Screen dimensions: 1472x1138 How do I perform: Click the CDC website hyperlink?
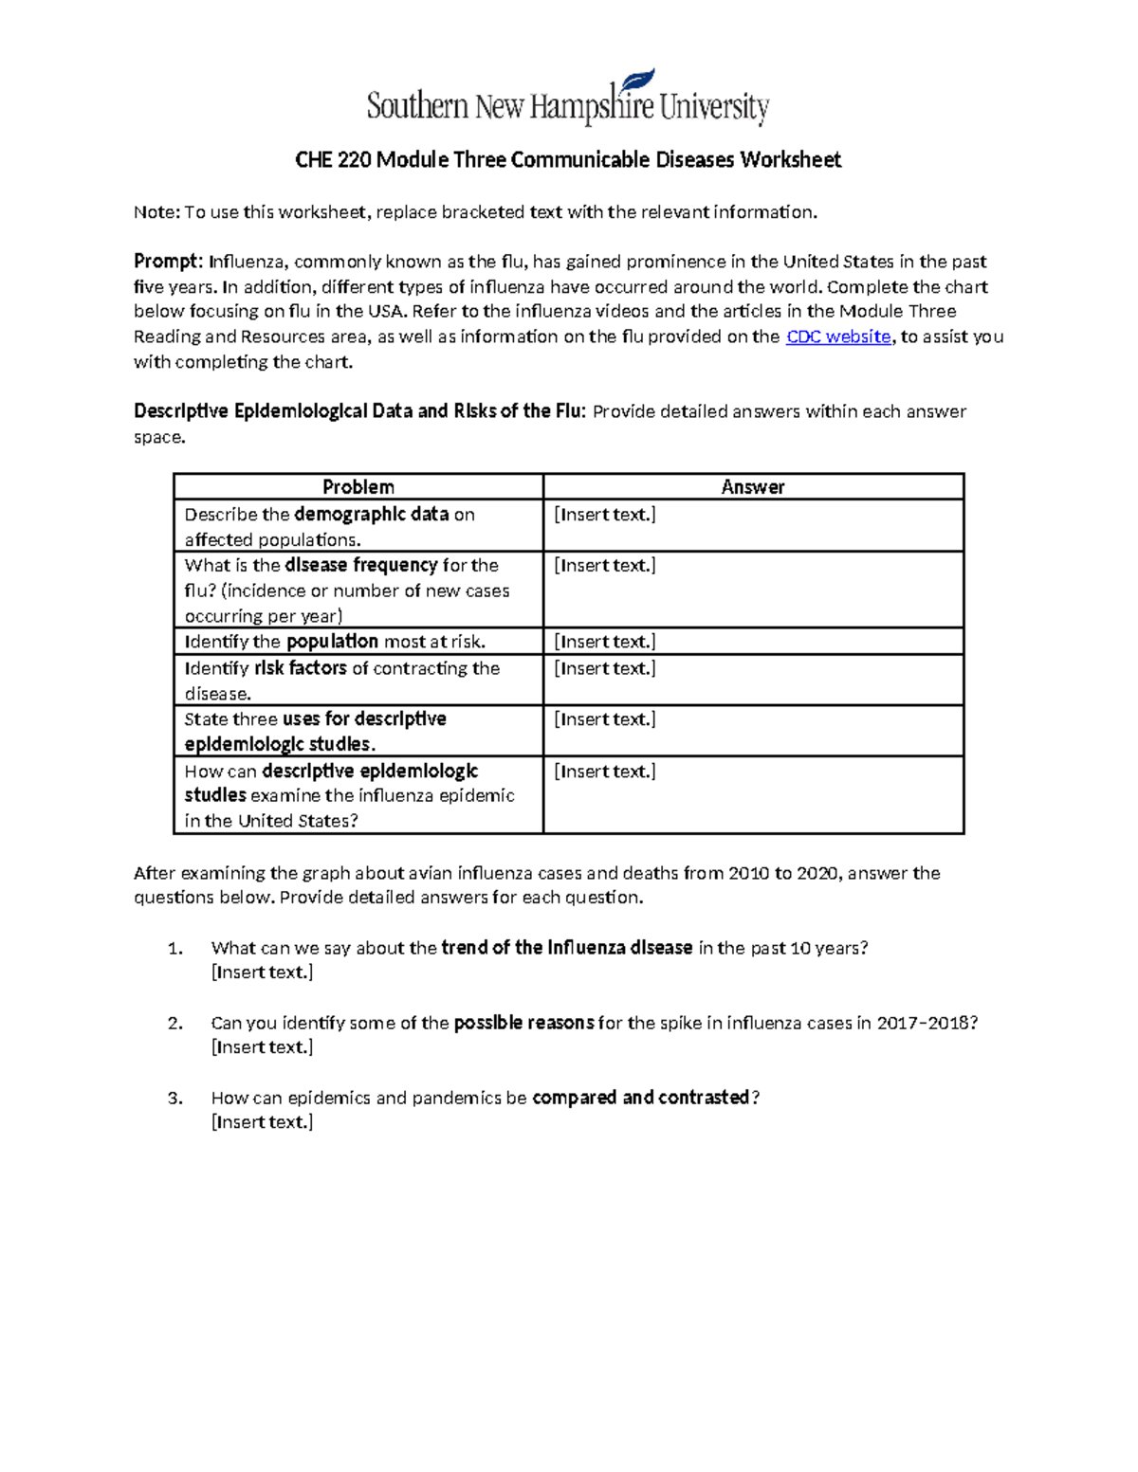[x=838, y=336]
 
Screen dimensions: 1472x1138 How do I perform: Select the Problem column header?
[x=358, y=487]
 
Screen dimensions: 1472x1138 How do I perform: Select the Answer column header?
[x=753, y=487]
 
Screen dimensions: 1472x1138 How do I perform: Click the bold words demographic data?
[x=371, y=515]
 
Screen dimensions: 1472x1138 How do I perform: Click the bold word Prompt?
[x=168, y=262]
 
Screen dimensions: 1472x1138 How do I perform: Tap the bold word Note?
[x=156, y=212]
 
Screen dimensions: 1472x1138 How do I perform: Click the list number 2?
[x=174, y=1023]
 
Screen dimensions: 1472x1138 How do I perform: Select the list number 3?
[x=174, y=1098]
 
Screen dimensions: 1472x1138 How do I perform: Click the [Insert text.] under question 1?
[x=262, y=972]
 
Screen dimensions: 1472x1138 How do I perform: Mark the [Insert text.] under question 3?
[x=262, y=1122]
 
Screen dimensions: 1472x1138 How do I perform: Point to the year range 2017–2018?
[x=924, y=1023]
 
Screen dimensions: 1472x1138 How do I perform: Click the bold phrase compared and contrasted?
[x=640, y=1098]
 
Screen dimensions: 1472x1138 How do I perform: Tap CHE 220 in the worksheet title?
[x=333, y=159]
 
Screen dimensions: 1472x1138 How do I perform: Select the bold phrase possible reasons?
[x=523, y=1023]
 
